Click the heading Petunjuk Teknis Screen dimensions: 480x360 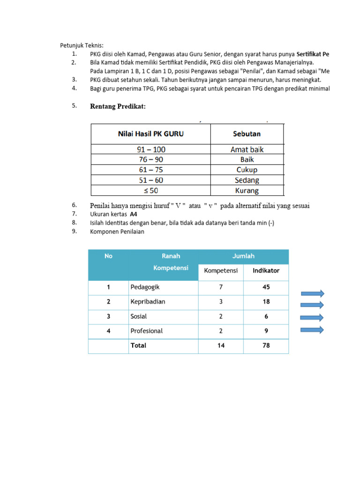[x=82, y=45]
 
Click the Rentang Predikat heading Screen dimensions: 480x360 [x=118, y=106]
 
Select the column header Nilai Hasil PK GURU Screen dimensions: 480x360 [x=150, y=134]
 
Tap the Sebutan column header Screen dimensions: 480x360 [x=247, y=134]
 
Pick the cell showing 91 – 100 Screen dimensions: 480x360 [x=150, y=150]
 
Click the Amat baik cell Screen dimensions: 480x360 [x=247, y=150]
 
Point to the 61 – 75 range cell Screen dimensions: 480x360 [x=150, y=170]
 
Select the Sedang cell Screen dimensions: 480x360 [x=247, y=180]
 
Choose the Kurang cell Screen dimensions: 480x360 [x=247, y=191]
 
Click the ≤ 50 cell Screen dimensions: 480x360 [x=150, y=191]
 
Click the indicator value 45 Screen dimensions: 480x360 [x=266, y=287]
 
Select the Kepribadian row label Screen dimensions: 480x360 [x=148, y=302]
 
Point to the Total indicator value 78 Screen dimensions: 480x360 [x=266, y=345]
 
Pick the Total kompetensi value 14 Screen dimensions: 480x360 [x=221, y=345]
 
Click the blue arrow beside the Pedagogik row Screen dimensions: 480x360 [x=312, y=294]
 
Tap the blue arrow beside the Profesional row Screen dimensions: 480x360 [x=312, y=330]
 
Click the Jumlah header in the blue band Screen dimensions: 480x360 [x=243, y=256]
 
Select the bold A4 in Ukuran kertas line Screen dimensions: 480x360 [x=134, y=214]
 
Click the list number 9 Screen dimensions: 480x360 [x=74, y=231]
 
